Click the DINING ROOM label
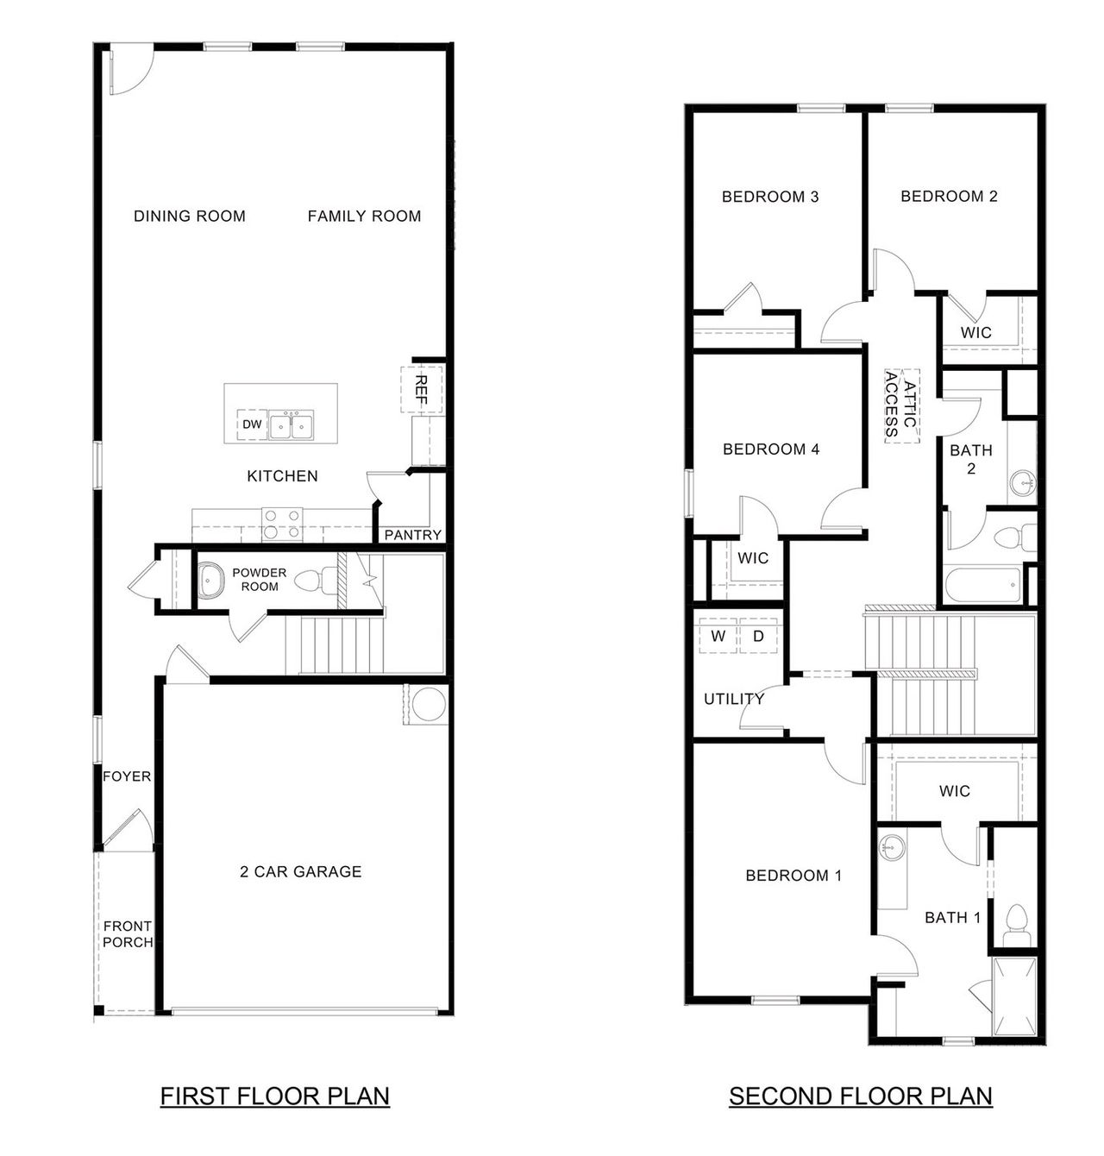(x=190, y=216)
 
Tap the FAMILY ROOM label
(x=364, y=216)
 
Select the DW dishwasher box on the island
(x=251, y=424)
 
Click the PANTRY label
(x=412, y=535)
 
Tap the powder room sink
(x=210, y=581)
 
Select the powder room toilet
(x=312, y=582)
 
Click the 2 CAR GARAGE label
(x=300, y=871)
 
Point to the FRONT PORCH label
(x=128, y=934)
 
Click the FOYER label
(x=127, y=776)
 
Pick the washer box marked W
(x=718, y=637)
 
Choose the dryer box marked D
(x=759, y=637)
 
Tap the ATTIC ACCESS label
(x=901, y=405)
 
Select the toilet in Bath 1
(x=1015, y=923)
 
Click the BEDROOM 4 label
(x=770, y=449)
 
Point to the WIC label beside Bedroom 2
(x=975, y=332)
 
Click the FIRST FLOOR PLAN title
(x=275, y=1096)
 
